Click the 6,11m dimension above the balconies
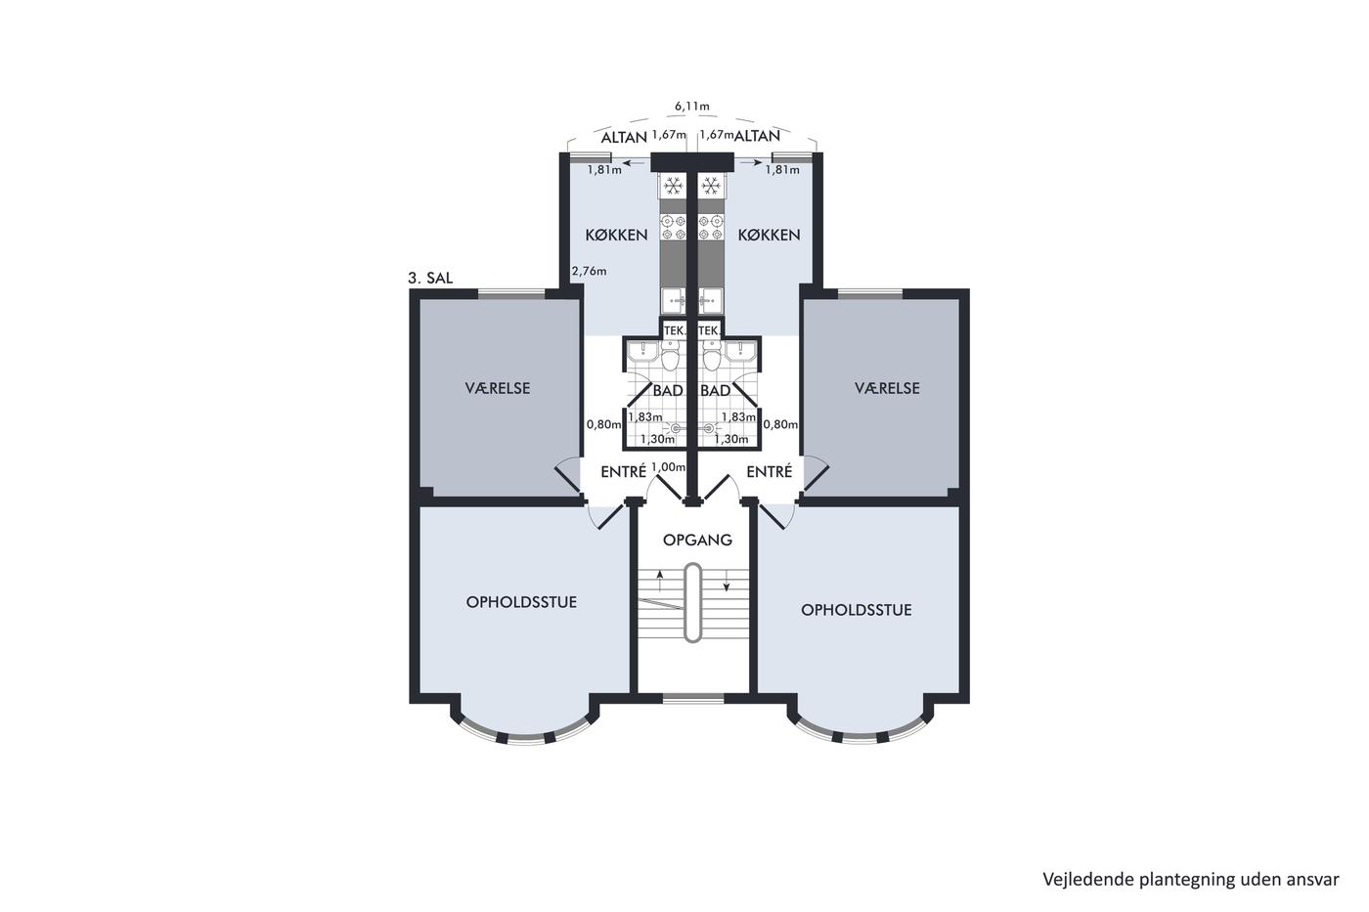pyautogui.click(x=692, y=107)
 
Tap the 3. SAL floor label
pyautogui.click(x=430, y=278)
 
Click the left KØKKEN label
pyautogui.click(x=616, y=236)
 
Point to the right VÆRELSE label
pyautogui.click(x=887, y=388)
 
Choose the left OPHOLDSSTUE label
pyautogui.click(x=521, y=602)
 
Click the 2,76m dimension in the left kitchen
pyautogui.click(x=589, y=271)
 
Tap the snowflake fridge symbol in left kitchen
pyautogui.click(x=673, y=185)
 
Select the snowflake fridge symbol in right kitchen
pyautogui.click(x=710, y=185)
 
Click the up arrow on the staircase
pyautogui.click(x=659, y=581)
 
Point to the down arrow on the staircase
pyautogui.click(x=726, y=581)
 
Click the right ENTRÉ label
pyautogui.click(x=770, y=471)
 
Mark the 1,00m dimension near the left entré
pyautogui.click(x=669, y=467)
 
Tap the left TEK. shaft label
pyautogui.click(x=674, y=330)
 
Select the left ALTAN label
pyautogui.click(x=624, y=138)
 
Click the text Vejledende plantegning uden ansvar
pyautogui.click(x=1191, y=880)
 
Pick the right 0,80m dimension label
pyautogui.click(x=780, y=424)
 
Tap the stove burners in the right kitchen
pyautogui.click(x=710, y=227)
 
